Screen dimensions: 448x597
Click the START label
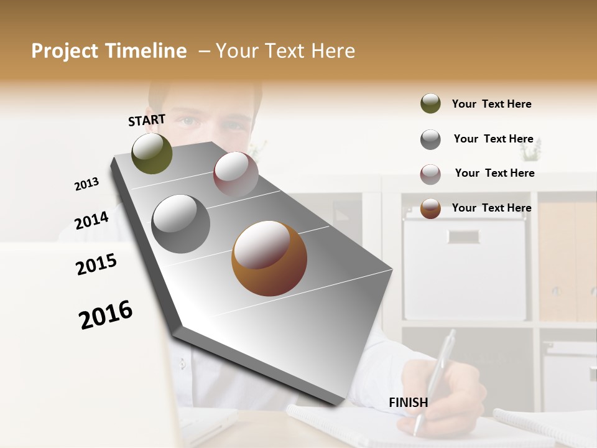[147, 120]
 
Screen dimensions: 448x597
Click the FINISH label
[409, 403]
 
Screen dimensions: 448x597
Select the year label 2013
[87, 184]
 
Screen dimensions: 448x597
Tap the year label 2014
[91, 220]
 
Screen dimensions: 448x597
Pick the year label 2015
[96, 264]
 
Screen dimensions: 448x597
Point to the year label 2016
[106, 314]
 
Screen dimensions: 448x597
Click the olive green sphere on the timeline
[152, 153]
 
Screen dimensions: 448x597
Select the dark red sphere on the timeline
[235, 174]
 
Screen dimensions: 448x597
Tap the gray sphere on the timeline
[181, 223]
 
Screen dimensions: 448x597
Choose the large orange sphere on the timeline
[269, 258]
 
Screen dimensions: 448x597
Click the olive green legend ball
[430, 103]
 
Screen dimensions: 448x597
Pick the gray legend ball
[430, 139]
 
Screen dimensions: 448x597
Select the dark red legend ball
[430, 174]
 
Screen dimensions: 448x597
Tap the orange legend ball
[430, 208]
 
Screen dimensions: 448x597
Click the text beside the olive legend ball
[491, 104]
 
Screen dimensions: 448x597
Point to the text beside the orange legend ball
[491, 208]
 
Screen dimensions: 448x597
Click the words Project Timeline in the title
[109, 51]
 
